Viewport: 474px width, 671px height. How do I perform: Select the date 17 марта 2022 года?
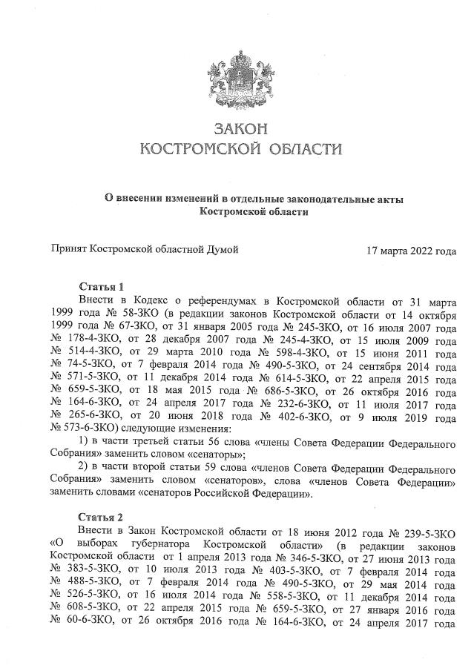click(x=411, y=251)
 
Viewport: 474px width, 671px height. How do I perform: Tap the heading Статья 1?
click(x=100, y=287)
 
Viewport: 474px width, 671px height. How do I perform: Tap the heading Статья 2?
click(x=100, y=517)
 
